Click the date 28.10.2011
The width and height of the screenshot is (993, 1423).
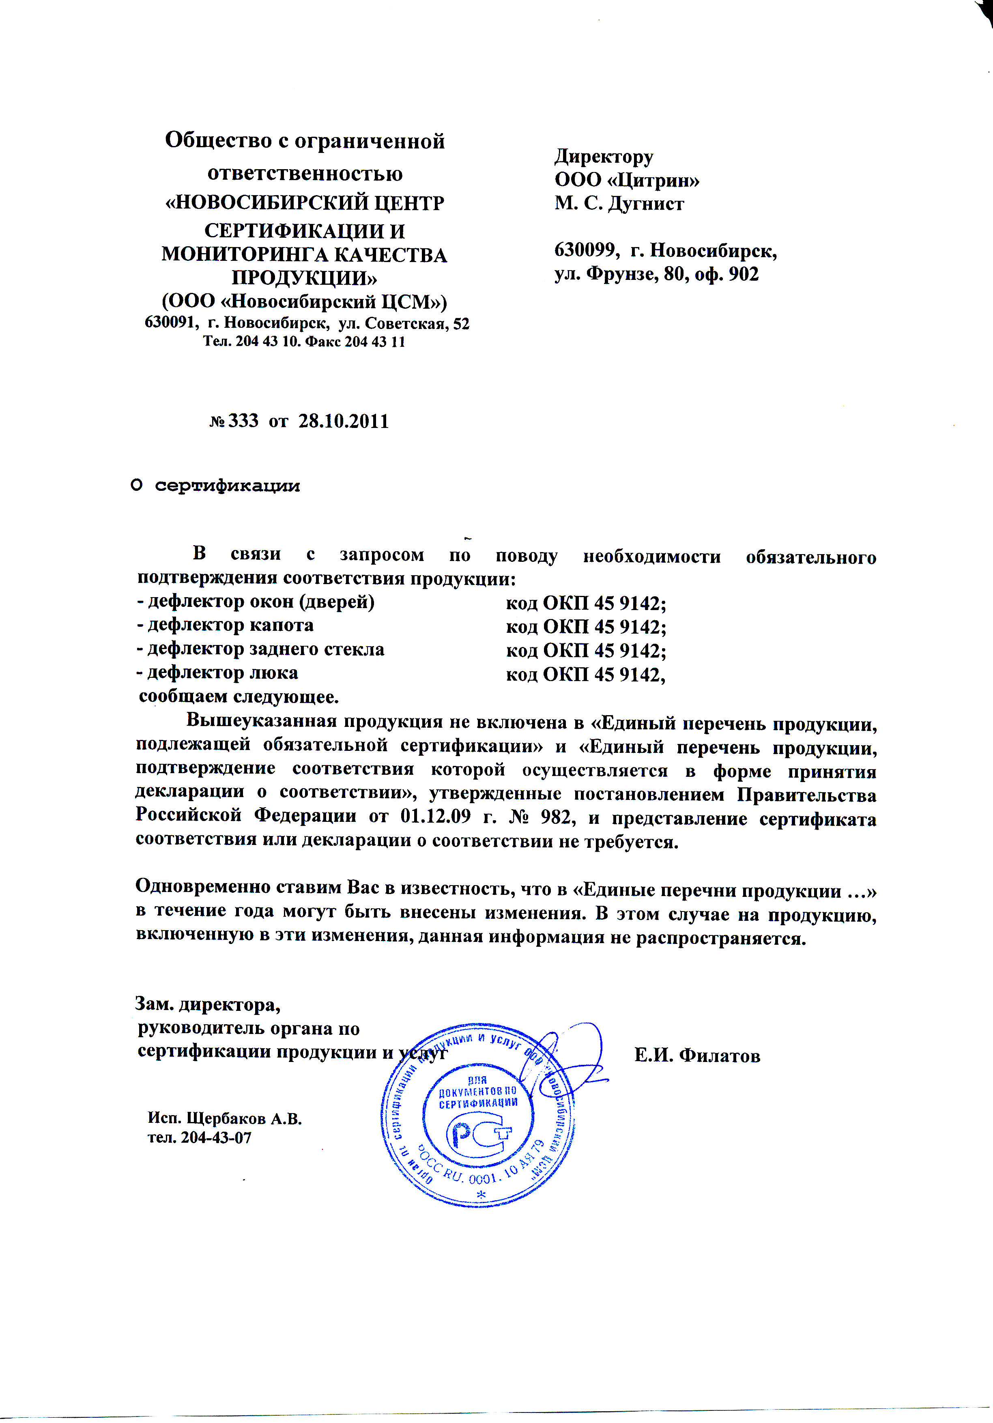pyautogui.click(x=344, y=422)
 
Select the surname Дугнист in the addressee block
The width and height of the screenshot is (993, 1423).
pyautogui.click(x=647, y=204)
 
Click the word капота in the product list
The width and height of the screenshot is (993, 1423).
pyautogui.click(x=282, y=626)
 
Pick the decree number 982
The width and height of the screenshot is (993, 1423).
pyautogui.click(x=557, y=818)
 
